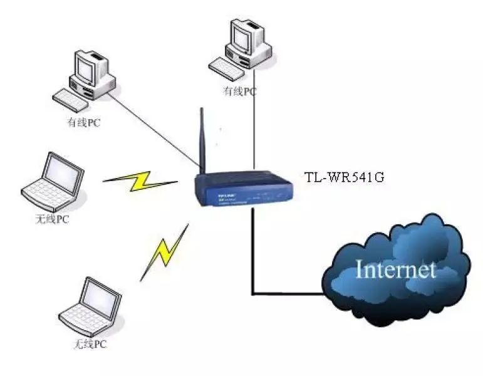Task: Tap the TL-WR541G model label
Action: pos(343,177)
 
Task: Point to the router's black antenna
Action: pos(203,140)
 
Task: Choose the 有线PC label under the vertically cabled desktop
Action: pos(240,91)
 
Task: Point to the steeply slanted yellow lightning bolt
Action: pos(164,252)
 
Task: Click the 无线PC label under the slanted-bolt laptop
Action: pos(91,345)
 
